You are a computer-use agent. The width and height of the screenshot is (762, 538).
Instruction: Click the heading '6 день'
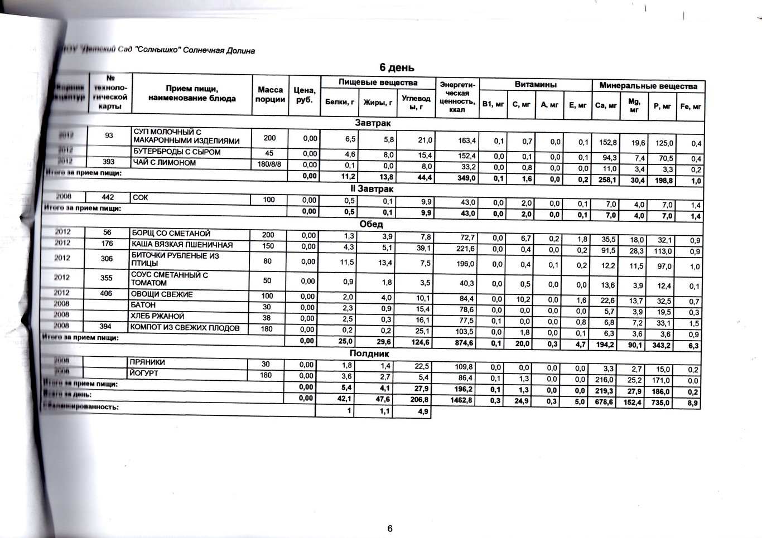tap(397, 68)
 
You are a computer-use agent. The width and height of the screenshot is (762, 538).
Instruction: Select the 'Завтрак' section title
tap(373, 123)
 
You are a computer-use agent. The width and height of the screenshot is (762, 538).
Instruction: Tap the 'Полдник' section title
tap(369, 353)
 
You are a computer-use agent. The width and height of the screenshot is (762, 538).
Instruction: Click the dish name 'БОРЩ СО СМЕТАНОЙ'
tap(171, 234)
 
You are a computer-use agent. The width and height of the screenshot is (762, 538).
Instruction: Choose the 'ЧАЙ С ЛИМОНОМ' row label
tap(165, 163)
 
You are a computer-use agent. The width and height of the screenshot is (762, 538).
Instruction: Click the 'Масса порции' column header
tap(271, 94)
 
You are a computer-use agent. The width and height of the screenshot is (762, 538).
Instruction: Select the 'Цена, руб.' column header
tap(305, 95)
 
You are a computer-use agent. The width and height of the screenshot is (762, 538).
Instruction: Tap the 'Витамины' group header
tap(536, 85)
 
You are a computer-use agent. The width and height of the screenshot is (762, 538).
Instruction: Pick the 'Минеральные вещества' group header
tap(648, 86)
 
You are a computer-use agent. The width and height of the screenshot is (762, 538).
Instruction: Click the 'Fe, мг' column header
tap(691, 106)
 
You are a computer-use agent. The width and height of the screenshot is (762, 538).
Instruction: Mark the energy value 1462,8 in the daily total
tap(462, 400)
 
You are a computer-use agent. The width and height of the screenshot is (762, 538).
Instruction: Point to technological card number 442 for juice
tap(108, 197)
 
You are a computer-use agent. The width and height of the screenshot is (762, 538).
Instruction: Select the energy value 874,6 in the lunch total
tap(464, 343)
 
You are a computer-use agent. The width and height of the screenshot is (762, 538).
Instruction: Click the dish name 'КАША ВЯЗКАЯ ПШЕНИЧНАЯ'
tap(182, 245)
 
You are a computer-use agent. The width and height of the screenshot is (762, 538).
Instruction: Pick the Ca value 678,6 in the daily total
tap(604, 401)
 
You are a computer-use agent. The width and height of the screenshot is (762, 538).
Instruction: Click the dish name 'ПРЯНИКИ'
tap(148, 362)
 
